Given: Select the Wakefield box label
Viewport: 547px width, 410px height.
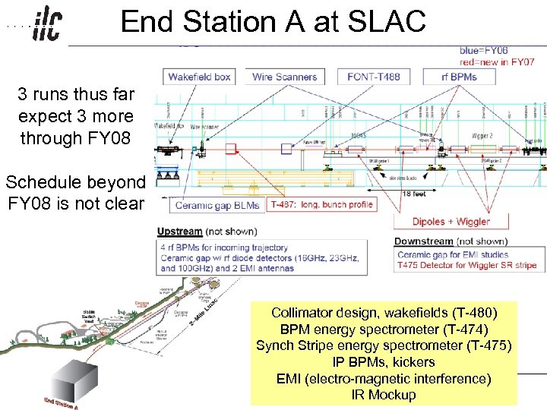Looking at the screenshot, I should [200, 76].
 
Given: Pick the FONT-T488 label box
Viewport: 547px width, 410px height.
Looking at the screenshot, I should [374, 76].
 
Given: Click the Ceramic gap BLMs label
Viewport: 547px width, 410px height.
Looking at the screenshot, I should [217, 205].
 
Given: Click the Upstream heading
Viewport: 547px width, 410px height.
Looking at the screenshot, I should [180, 232].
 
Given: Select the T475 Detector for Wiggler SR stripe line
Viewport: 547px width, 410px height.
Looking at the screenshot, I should [466, 265].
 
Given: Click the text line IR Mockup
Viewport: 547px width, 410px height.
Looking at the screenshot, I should [384, 395].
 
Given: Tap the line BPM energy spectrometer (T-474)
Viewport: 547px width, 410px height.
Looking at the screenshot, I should [384, 330].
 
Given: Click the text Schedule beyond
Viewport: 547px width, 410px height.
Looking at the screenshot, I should [75, 182].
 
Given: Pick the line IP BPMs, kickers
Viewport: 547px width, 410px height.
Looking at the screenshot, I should [384, 362].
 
